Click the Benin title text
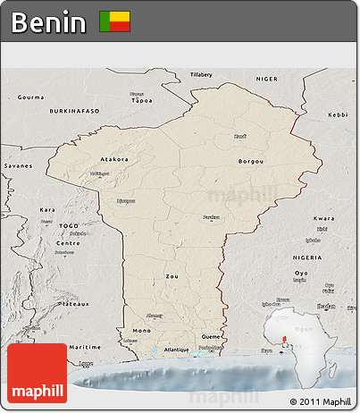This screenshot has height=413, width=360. (49, 22)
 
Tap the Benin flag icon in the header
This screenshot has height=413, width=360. (114, 21)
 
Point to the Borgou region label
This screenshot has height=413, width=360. (252, 162)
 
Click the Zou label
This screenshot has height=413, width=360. (172, 276)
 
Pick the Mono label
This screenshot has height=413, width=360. (141, 331)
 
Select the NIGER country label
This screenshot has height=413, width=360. (267, 79)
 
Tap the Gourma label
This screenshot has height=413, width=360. (30, 97)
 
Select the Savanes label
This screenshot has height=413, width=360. (17, 166)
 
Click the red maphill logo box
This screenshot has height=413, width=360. (37, 374)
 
